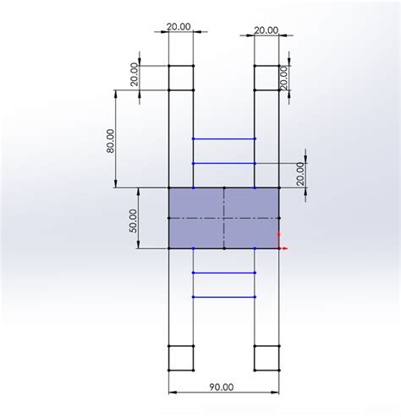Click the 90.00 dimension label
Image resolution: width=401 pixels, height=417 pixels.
[x=222, y=387]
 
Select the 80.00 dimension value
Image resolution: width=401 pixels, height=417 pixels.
[x=111, y=141]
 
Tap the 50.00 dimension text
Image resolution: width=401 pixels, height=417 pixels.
[x=134, y=221]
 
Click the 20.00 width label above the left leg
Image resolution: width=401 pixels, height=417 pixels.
[x=179, y=27]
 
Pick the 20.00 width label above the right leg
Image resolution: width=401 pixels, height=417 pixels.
[x=266, y=30]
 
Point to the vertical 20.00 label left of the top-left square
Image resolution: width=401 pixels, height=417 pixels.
[x=135, y=74]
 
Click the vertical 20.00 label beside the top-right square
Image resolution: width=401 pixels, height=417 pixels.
[x=284, y=78]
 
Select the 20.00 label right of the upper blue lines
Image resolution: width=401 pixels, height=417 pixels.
[x=301, y=174]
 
